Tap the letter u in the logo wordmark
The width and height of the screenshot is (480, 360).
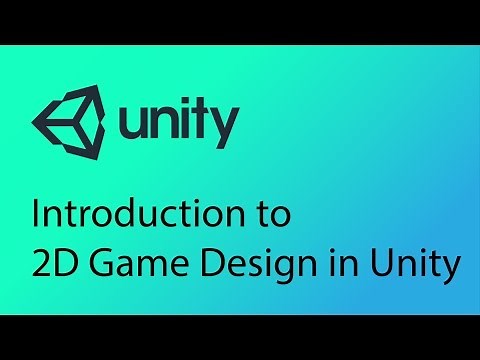134,124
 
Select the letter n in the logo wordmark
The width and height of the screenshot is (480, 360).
167,124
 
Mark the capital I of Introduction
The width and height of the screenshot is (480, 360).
37,213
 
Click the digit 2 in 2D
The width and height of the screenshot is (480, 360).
42,265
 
